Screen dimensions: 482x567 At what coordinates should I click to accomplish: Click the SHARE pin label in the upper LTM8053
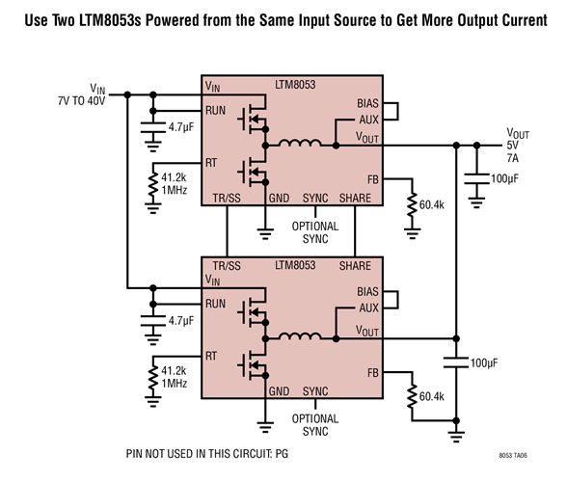(x=358, y=199)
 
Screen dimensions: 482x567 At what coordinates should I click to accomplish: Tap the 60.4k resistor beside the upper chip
(x=413, y=205)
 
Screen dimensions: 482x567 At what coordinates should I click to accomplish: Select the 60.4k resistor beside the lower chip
(x=413, y=396)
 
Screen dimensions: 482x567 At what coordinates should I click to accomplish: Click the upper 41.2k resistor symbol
(x=152, y=185)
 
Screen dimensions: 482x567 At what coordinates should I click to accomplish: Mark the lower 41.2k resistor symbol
(x=152, y=378)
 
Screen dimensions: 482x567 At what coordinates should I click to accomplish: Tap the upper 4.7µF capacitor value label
(x=182, y=126)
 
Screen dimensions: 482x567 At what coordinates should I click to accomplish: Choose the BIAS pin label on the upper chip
(x=367, y=103)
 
